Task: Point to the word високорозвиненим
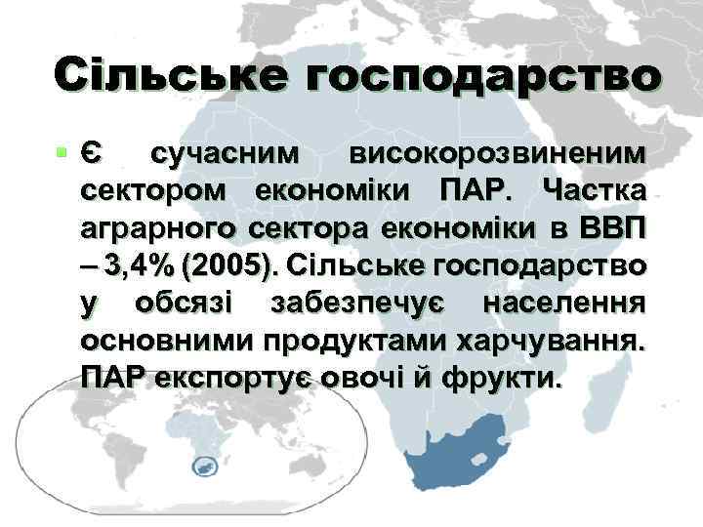[498, 154]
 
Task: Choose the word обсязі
[185, 303]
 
